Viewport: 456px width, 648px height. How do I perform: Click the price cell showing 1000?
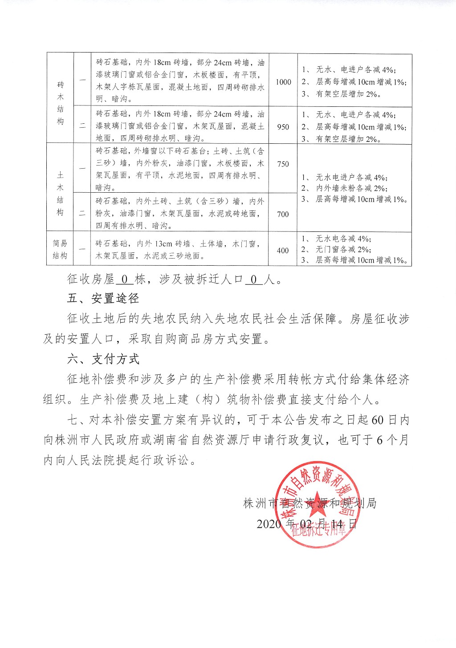click(283, 82)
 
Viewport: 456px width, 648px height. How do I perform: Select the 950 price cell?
click(283, 127)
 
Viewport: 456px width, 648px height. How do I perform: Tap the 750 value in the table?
click(283, 164)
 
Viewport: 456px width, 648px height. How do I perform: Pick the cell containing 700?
click(283, 215)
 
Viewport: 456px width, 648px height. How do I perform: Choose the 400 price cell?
click(283, 251)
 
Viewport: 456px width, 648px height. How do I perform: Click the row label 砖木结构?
click(60, 103)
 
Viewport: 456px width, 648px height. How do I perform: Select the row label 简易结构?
click(60, 249)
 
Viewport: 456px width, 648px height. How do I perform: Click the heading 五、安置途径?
click(103, 298)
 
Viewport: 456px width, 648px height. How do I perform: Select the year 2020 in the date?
click(269, 524)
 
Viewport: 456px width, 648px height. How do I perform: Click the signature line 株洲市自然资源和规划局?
click(310, 503)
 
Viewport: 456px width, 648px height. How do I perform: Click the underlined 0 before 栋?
click(125, 279)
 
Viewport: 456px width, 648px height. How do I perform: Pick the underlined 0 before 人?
click(254, 279)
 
